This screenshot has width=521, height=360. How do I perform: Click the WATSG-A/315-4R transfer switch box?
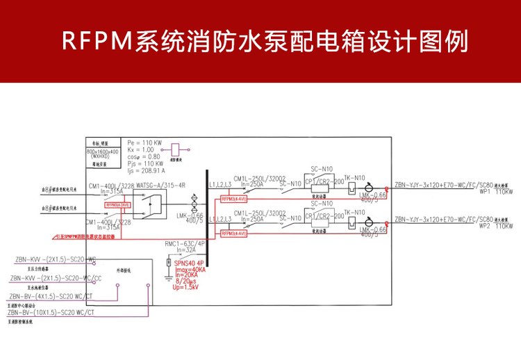point(151,204)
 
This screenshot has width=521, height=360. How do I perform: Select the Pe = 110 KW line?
point(144,142)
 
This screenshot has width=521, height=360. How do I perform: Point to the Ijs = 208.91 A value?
point(146,170)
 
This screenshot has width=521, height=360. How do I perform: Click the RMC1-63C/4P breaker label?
point(185,244)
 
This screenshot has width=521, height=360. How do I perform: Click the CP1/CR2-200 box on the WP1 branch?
point(319,186)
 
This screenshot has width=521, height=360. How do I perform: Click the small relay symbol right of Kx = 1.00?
point(176,149)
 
